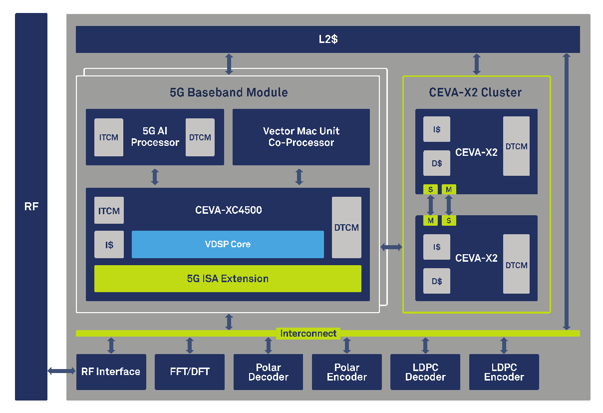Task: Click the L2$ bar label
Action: [x=328, y=39]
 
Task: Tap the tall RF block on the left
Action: [x=31, y=206]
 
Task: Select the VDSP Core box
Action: [x=228, y=244]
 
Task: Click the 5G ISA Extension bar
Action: [x=228, y=279]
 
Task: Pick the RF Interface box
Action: [x=111, y=372]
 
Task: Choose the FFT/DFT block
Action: [x=190, y=372]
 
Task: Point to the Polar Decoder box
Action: [x=268, y=372]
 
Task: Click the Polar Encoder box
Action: [x=346, y=372]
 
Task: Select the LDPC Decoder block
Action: [x=425, y=372]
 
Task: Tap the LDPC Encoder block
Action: [x=504, y=372]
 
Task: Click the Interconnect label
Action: [x=308, y=333]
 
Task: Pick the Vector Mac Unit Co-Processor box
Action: [x=301, y=137]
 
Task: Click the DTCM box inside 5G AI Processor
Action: [x=200, y=137]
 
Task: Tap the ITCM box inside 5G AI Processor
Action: [x=108, y=137]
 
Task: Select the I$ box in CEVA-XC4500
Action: [x=109, y=245]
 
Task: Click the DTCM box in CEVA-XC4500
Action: [x=346, y=227]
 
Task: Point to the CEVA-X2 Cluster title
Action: [x=475, y=92]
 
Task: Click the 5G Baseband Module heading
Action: [x=229, y=92]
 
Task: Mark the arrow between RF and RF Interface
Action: [x=61, y=371]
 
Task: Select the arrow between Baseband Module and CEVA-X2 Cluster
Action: [x=391, y=247]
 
